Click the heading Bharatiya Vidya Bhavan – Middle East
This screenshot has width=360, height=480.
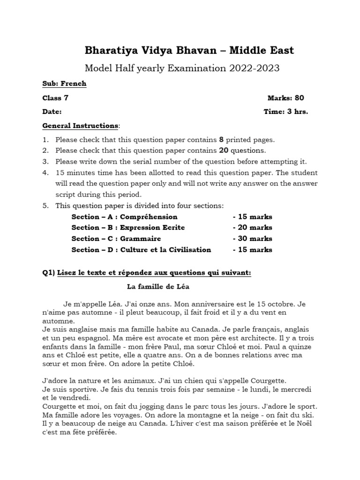click(182, 50)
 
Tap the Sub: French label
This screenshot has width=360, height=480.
click(64, 83)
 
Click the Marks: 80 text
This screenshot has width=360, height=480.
click(285, 97)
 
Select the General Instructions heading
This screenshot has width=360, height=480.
click(80, 126)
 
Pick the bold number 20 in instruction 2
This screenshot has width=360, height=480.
click(224, 150)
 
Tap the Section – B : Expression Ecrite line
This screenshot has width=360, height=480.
click(128, 227)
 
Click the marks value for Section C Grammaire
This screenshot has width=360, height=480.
click(252, 239)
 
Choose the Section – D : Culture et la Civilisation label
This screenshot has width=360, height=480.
click(141, 250)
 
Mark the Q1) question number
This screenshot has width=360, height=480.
click(49, 273)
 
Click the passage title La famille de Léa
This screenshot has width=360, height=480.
click(158, 286)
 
